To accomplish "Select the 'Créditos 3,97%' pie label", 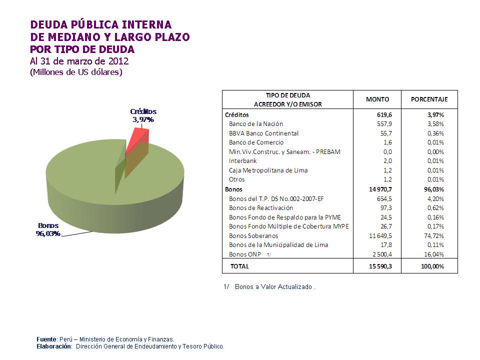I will [143, 115].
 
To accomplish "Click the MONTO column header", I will [377, 99].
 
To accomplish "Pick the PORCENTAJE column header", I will [429, 99].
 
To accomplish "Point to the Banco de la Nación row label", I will [256, 124].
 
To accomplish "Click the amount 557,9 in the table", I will [384, 124].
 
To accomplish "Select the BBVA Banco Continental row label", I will [263, 133].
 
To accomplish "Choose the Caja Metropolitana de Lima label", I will [268, 170].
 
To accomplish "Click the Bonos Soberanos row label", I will [253, 235].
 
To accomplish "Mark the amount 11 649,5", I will [380, 235].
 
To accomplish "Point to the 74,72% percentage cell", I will [435, 235].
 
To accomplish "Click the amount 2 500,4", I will [382, 254].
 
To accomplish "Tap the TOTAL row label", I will [239, 266].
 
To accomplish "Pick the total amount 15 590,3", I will [380, 266].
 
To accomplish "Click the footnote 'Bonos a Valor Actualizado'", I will [274, 287].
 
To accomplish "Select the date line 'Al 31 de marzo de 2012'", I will [79, 61].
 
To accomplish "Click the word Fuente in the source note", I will [46, 339].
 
